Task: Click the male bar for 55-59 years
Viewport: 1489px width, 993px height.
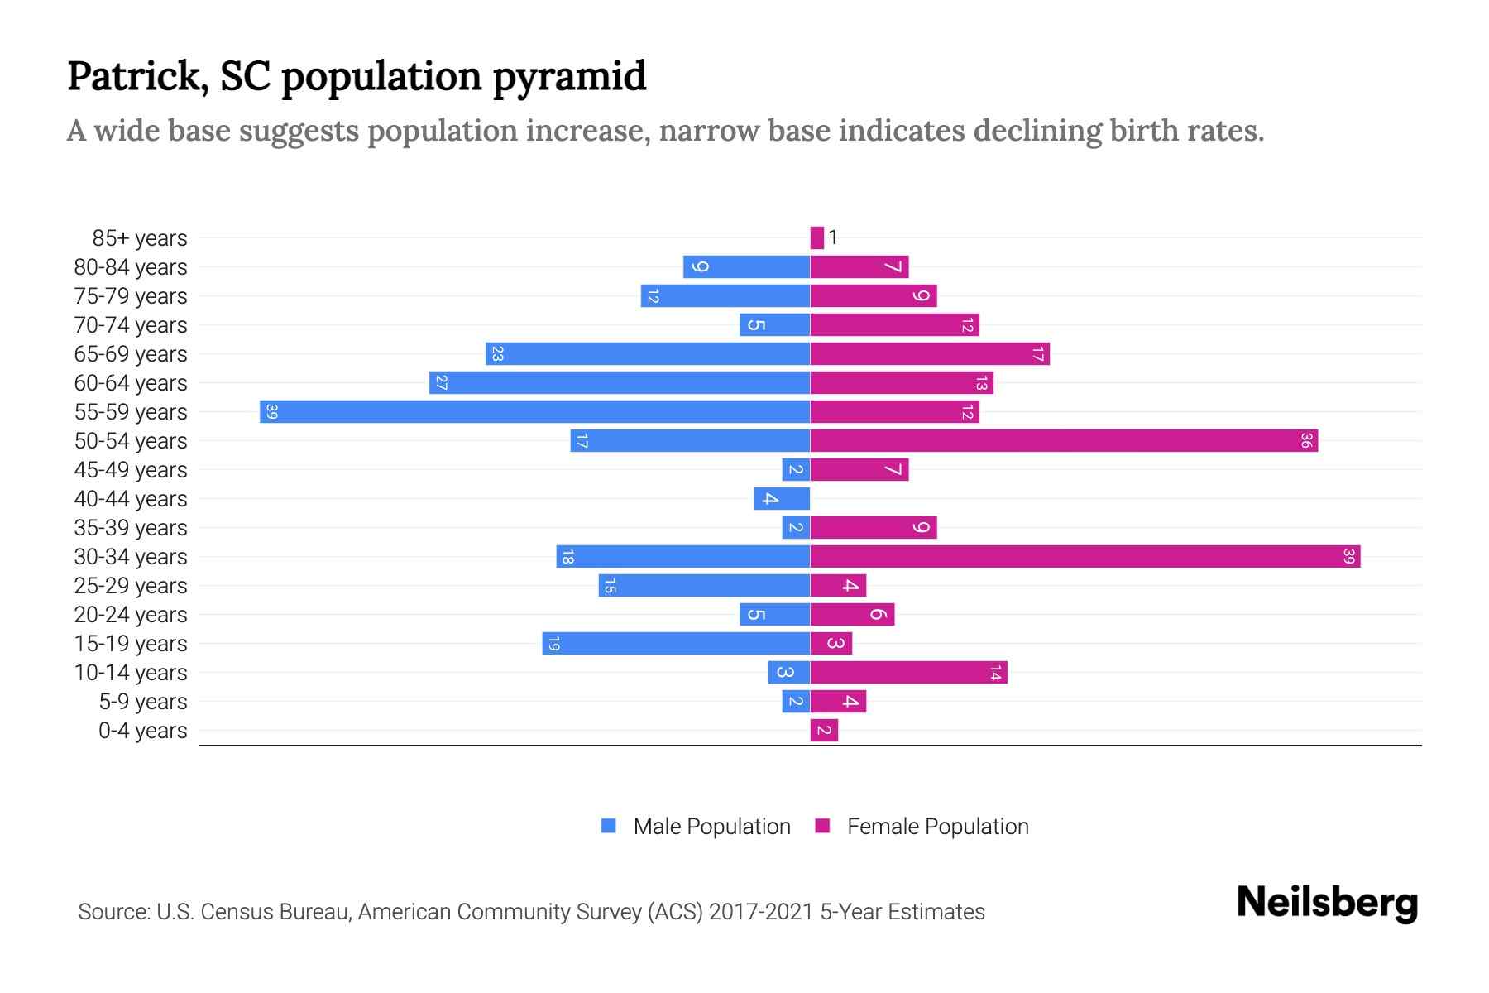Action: (534, 411)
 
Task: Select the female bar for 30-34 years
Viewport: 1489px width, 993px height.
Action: (1085, 556)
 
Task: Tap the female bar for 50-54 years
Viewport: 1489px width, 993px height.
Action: (1064, 440)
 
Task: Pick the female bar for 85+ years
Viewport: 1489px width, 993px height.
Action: (817, 237)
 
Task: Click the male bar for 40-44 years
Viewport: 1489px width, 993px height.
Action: (782, 498)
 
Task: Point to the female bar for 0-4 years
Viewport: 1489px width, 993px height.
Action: (824, 730)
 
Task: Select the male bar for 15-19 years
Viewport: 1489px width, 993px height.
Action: (676, 643)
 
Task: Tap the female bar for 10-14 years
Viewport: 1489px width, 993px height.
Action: (908, 672)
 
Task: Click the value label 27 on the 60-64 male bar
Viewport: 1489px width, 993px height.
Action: (442, 383)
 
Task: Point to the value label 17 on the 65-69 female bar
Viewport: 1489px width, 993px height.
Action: (1038, 354)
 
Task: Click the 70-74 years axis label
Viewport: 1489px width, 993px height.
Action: (131, 325)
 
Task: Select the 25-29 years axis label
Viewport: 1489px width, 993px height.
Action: (131, 586)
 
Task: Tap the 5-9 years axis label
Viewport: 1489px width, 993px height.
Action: (143, 702)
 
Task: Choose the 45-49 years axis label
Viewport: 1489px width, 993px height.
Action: (131, 470)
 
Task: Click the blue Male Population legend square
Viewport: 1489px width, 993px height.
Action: (609, 826)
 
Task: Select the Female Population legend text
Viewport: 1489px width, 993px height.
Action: (937, 826)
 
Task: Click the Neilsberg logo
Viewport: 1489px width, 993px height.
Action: (1327, 903)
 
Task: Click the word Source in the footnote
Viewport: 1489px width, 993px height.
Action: (113, 912)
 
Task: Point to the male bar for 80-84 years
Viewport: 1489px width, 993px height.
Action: (746, 266)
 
